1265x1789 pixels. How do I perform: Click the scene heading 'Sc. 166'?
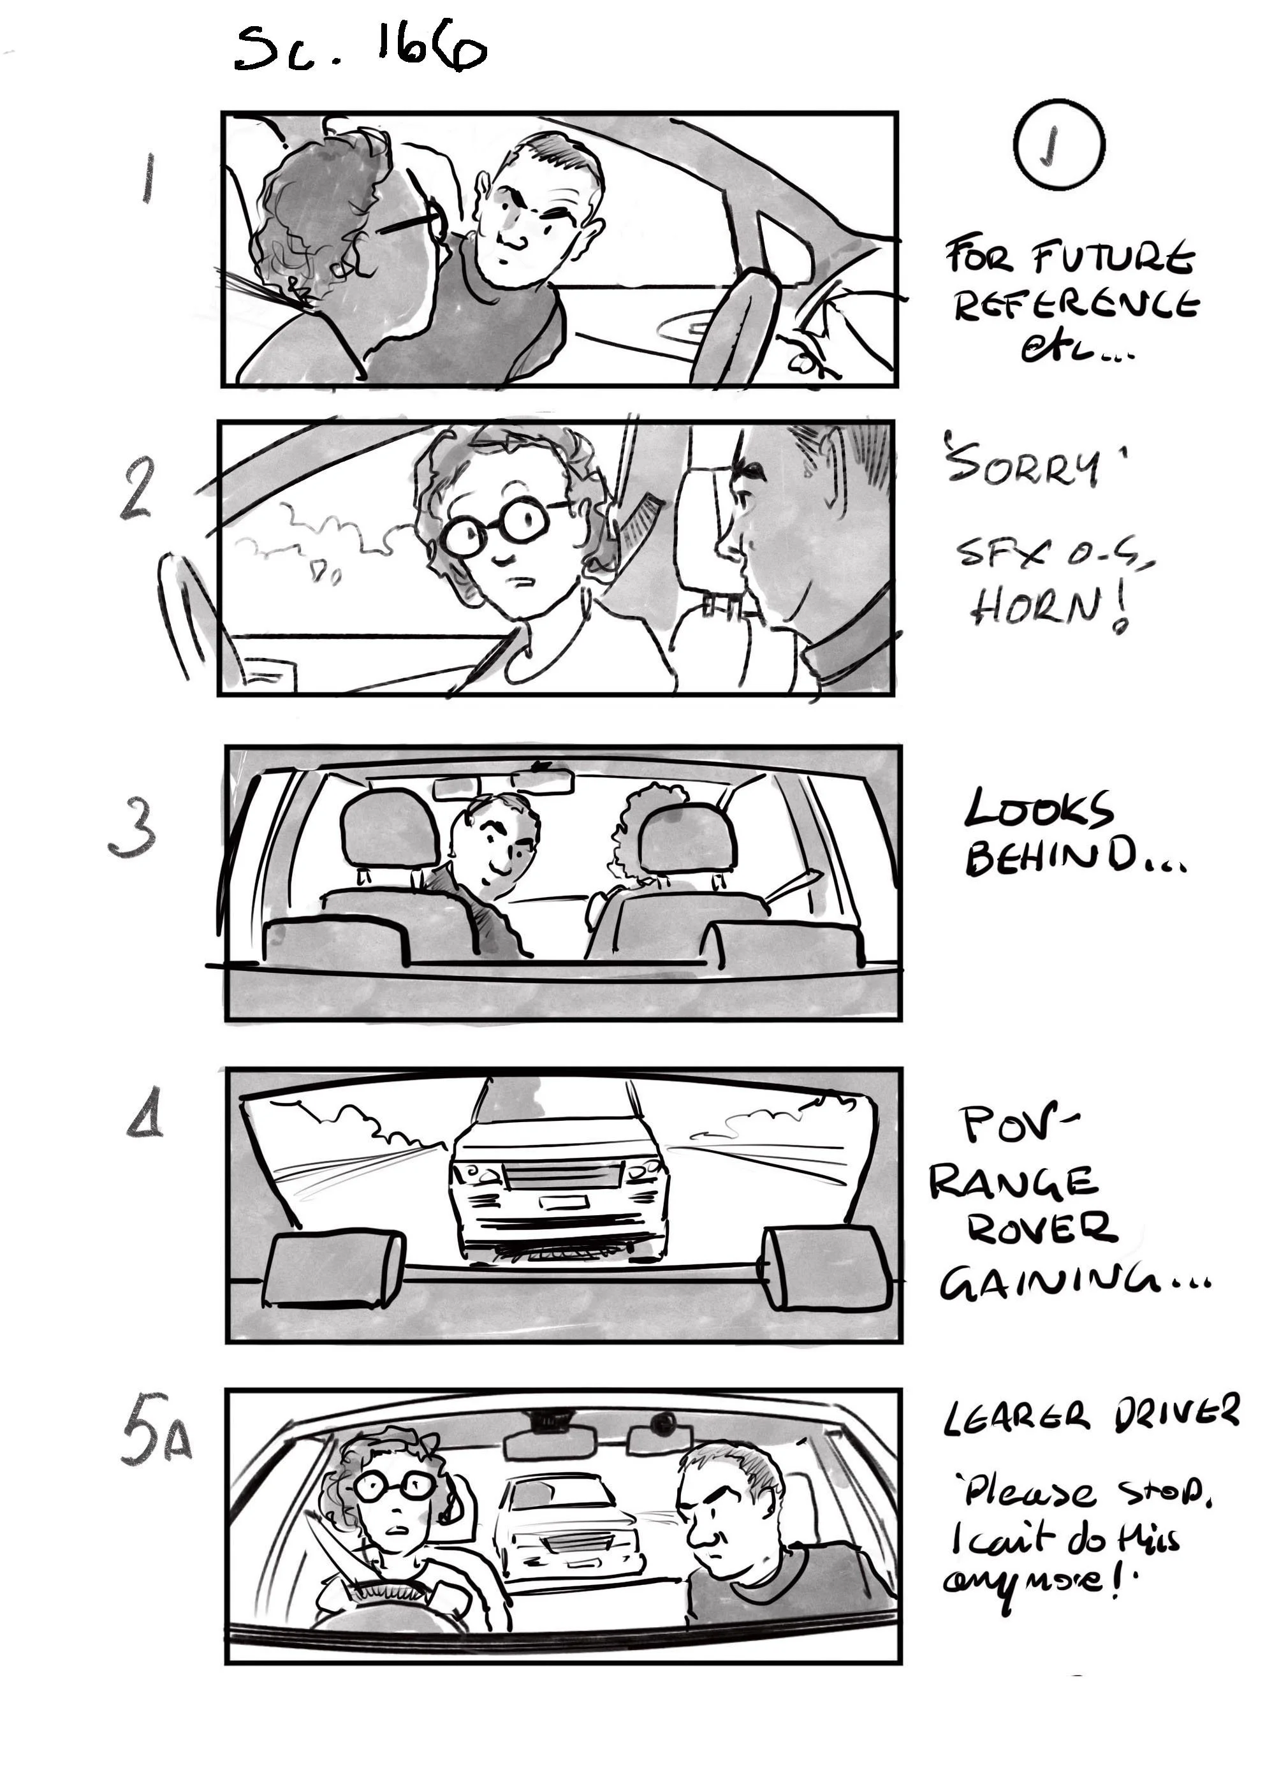point(360,48)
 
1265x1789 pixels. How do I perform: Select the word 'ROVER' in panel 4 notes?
point(1041,1228)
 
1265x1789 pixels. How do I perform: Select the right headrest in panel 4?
point(826,1267)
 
